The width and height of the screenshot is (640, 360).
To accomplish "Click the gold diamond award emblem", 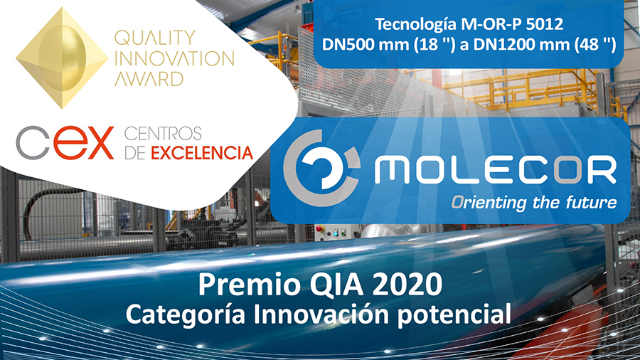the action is click(x=62, y=58).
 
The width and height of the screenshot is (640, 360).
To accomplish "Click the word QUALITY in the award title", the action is click(x=155, y=38).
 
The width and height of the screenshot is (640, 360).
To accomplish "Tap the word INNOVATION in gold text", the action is click(x=174, y=58).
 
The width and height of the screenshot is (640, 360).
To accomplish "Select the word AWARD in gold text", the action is click(x=149, y=79).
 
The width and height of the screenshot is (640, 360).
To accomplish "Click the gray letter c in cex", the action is click(x=33, y=142).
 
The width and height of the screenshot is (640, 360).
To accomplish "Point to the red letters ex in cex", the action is click(x=84, y=142).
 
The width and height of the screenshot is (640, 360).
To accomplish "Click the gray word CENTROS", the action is click(x=163, y=134).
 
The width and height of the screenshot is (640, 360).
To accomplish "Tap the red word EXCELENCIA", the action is click(x=202, y=153).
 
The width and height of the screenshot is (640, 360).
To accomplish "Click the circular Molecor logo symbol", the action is click(x=321, y=167).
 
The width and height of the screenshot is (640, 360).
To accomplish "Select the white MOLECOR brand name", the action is click(x=496, y=169).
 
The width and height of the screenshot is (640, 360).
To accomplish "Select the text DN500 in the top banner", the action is click(x=348, y=45).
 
